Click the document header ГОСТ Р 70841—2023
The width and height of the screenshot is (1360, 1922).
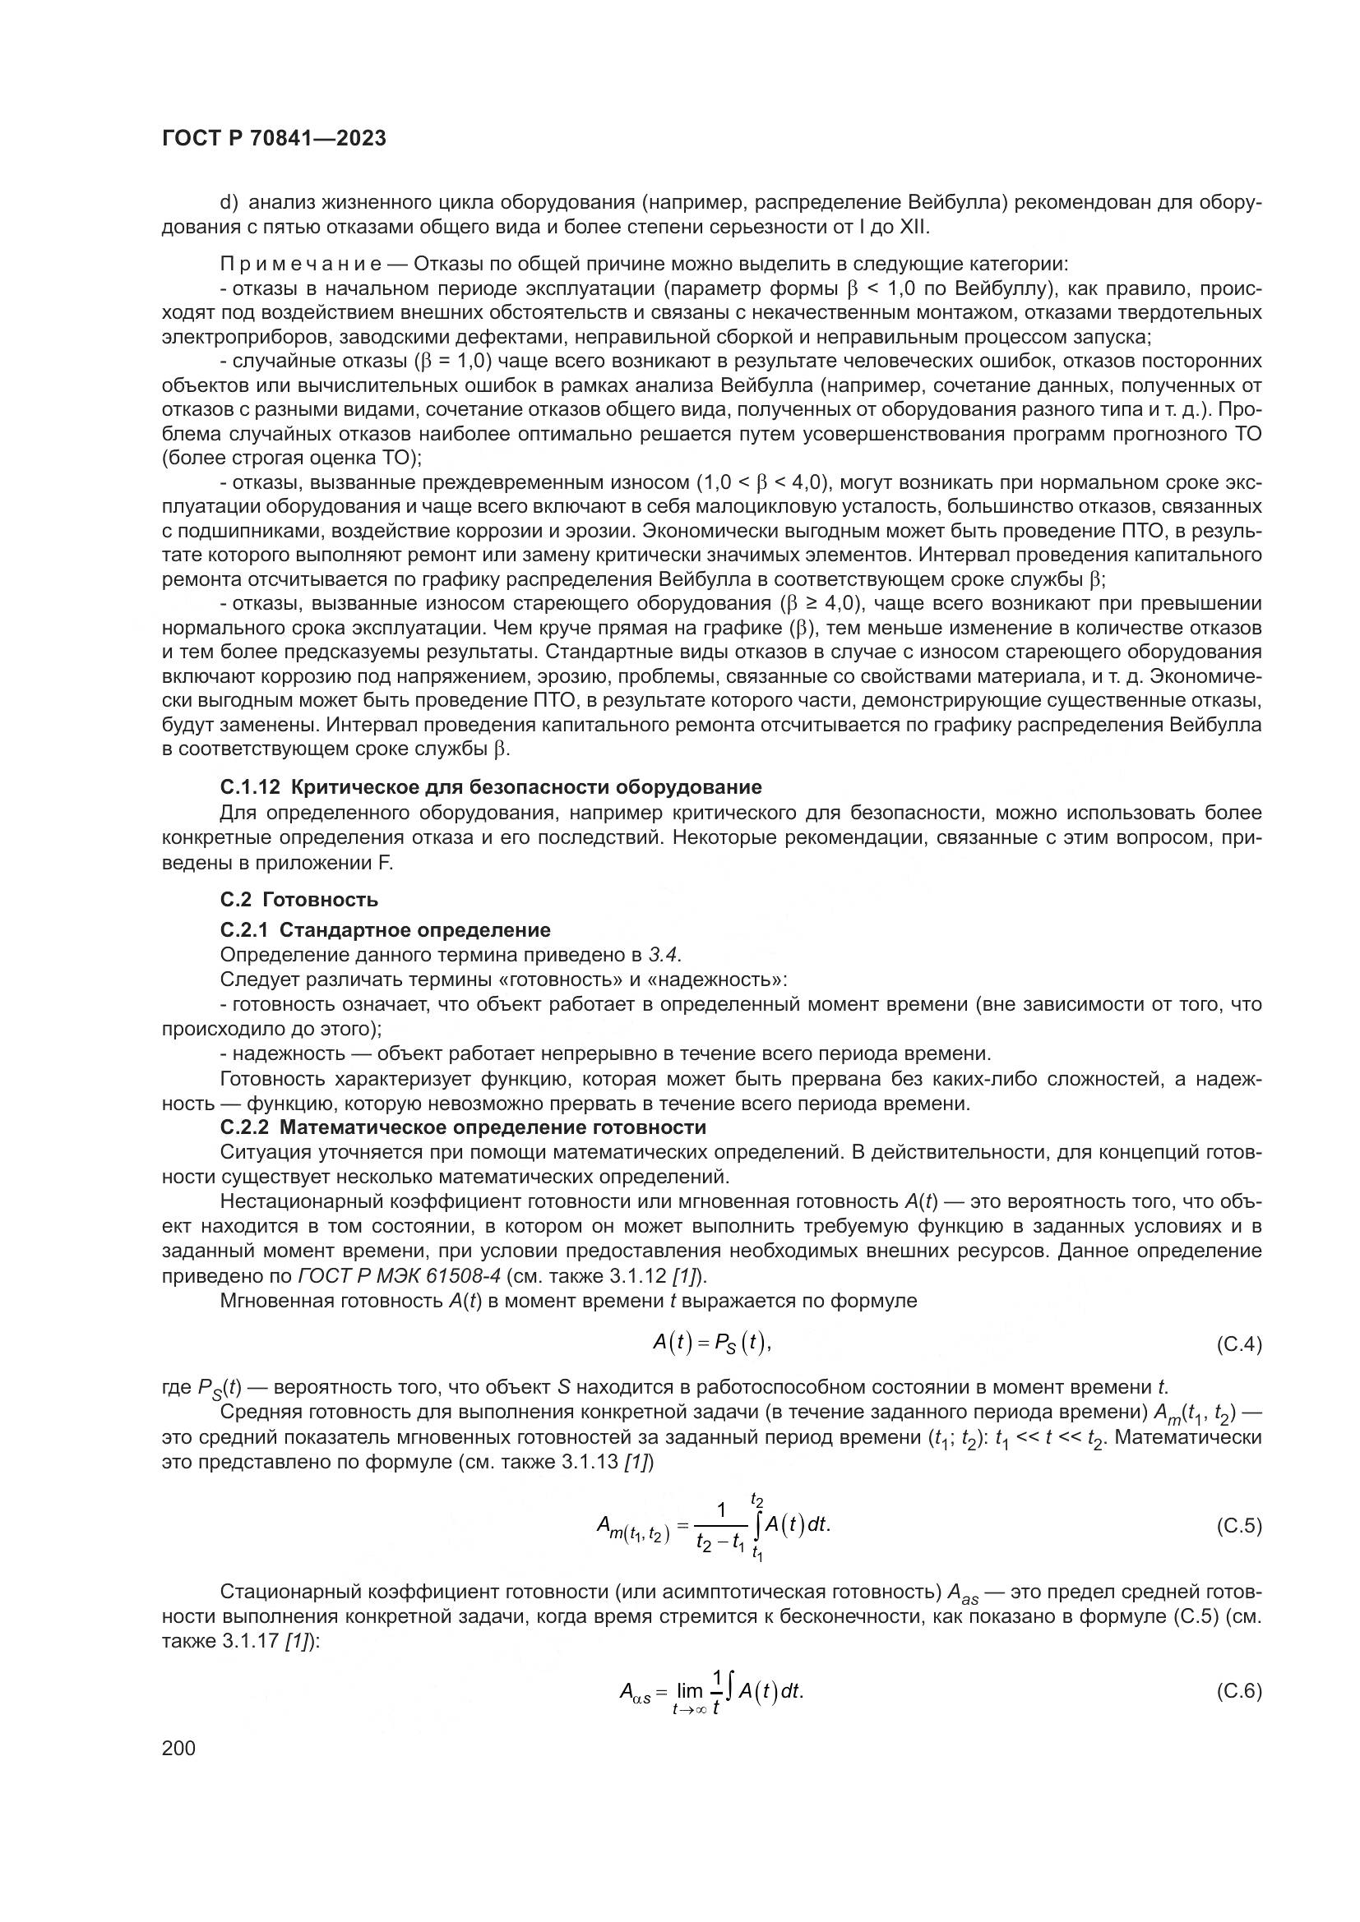pyautogui.click(x=274, y=139)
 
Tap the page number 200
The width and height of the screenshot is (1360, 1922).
pyautogui.click(x=178, y=1748)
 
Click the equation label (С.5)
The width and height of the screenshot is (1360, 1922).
pyautogui.click(x=1237, y=1526)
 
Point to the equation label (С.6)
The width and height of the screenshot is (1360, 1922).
pyautogui.click(x=1237, y=1691)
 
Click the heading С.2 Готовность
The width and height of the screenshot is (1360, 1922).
pyautogui.click(x=299, y=900)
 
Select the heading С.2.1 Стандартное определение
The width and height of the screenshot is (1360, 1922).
pyautogui.click(x=385, y=930)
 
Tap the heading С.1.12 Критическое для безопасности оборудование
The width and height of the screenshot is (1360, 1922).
pyautogui.click(x=491, y=787)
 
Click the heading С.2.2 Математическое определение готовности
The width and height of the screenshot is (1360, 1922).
pyautogui.click(x=463, y=1127)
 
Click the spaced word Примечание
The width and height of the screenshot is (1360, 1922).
pyautogui.click(x=301, y=265)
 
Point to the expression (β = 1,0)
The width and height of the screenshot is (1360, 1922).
pyautogui.click(x=450, y=362)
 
